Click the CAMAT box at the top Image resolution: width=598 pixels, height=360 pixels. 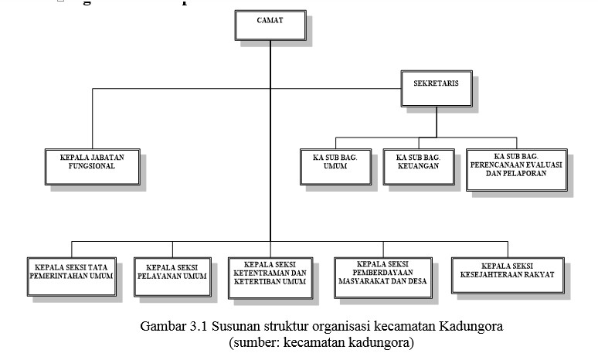tap(270, 23)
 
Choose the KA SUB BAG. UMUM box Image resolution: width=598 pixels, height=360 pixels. tap(335, 165)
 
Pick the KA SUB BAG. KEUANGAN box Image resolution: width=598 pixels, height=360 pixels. tap(417, 165)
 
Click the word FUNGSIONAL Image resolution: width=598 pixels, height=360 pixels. tap(92, 165)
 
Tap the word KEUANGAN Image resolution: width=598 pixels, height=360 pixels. tap(417, 165)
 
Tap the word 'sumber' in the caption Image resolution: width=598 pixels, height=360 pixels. tap(257, 341)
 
